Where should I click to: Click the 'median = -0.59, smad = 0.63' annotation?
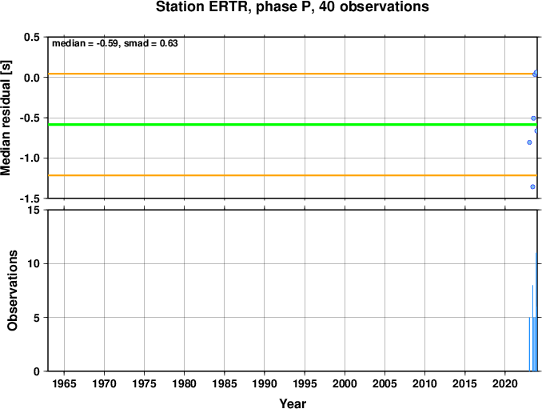click(114, 44)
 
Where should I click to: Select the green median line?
click(280, 125)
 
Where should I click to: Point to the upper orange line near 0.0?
click(280, 74)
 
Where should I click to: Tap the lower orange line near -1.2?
click(280, 175)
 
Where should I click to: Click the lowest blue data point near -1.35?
click(532, 187)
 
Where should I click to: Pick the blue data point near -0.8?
click(529, 142)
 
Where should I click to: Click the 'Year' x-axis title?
click(293, 403)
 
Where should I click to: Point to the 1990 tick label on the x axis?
click(265, 383)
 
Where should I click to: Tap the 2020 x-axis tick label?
click(505, 383)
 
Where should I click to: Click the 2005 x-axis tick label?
click(385, 383)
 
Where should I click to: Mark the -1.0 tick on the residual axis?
click(30, 158)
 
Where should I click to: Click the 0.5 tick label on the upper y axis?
click(32, 38)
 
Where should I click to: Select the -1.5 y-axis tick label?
click(30, 198)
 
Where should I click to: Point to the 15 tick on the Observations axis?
click(34, 210)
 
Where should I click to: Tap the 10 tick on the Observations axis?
click(34, 263)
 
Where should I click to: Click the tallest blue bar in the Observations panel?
click(536, 312)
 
